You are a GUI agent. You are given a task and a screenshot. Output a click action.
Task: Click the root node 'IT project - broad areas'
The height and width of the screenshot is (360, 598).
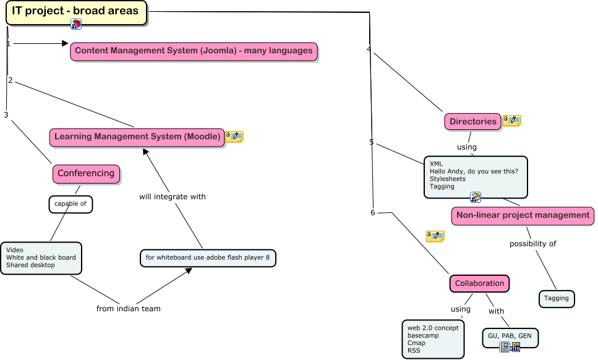pos(76,12)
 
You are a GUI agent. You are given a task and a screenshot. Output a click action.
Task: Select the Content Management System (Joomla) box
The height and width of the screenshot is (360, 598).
pos(194,51)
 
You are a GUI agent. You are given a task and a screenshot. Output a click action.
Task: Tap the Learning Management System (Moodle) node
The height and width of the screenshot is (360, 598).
pos(137,137)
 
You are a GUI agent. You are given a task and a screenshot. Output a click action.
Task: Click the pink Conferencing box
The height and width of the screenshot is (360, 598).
pos(86,174)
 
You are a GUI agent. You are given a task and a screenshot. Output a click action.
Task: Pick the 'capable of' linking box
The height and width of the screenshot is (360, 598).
pos(70,204)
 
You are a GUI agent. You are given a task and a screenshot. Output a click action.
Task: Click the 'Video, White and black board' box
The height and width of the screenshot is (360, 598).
pos(41,257)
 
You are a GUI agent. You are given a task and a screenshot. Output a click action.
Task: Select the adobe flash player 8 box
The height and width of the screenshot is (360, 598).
pos(208,258)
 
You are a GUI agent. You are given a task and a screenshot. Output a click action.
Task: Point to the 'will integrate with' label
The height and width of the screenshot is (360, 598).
pos(172,197)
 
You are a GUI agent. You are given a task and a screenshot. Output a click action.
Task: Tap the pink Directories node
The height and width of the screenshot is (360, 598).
pos(472,122)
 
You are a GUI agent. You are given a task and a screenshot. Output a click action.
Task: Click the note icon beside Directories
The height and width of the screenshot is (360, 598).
pos(511,121)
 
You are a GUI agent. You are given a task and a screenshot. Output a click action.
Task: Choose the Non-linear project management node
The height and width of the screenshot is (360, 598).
pos(523,216)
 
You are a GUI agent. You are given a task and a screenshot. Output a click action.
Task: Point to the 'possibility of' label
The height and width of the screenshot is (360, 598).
pos(532,244)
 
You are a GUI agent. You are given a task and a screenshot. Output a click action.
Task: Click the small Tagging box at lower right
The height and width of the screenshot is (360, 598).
pos(556,299)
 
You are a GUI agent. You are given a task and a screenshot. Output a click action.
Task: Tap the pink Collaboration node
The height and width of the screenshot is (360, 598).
pos(479,284)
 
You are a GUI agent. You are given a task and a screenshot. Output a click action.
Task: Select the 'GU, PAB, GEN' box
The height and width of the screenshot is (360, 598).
pos(510,336)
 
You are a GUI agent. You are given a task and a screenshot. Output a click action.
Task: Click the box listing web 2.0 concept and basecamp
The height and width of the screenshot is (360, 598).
pos(432,339)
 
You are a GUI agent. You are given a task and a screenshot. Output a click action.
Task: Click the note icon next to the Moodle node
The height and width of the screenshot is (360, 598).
pos(234,137)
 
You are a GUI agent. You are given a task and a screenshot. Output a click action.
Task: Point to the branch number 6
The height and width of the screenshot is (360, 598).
pos(372,213)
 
